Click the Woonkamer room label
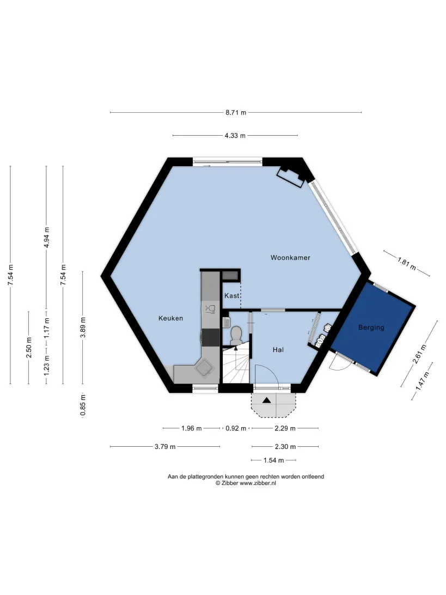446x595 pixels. (x=290, y=258)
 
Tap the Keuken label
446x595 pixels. (x=170, y=318)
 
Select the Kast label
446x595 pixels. (x=232, y=296)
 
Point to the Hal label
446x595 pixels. (x=278, y=350)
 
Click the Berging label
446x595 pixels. (x=371, y=327)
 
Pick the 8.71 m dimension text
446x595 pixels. (x=236, y=113)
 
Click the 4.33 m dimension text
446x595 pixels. (x=235, y=136)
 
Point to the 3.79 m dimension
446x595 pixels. (x=165, y=447)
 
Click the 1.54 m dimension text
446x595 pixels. (x=274, y=460)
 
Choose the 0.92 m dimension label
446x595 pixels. (x=236, y=428)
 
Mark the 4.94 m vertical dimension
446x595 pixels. (x=47, y=238)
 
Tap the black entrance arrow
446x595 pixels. (x=267, y=400)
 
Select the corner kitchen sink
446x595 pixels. (x=205, y=367)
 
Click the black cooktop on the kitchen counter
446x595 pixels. (x=211, y=338)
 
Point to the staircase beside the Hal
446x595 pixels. (x=235, y=365)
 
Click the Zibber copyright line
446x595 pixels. (x=246, y=483)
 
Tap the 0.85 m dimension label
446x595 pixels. (x=83, y=405)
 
